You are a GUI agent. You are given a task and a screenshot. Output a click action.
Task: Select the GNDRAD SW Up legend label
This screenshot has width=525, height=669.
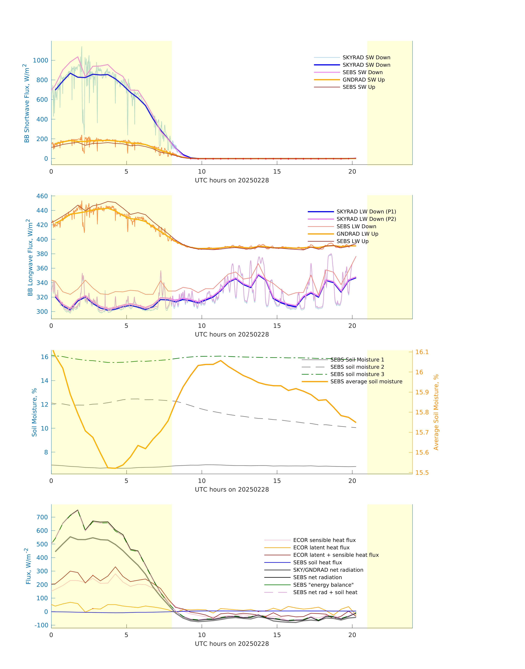tap(364, 80)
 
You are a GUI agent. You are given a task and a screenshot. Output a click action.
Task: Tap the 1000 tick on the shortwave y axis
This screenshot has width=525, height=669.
tap(41, 60)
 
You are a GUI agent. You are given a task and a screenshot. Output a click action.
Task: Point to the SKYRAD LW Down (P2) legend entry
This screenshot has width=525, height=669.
tap(366, 219)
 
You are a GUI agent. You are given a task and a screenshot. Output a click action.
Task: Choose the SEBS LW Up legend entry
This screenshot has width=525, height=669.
tap(352, 241)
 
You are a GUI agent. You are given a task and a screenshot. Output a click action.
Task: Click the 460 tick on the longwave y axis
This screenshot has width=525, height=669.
tap(42, 196)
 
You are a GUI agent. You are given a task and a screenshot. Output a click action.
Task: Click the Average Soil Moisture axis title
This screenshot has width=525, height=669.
tap(436, 412)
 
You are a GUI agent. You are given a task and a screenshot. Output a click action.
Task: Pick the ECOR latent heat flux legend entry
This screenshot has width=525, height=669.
tap(321, 548)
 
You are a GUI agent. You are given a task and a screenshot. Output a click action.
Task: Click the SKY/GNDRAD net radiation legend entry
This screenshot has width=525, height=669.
tap(328, 570)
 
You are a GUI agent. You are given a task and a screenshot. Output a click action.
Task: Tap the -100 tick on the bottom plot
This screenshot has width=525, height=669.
tap(41, 625)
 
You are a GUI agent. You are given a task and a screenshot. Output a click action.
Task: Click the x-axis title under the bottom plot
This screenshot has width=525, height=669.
tap(232, 644)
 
